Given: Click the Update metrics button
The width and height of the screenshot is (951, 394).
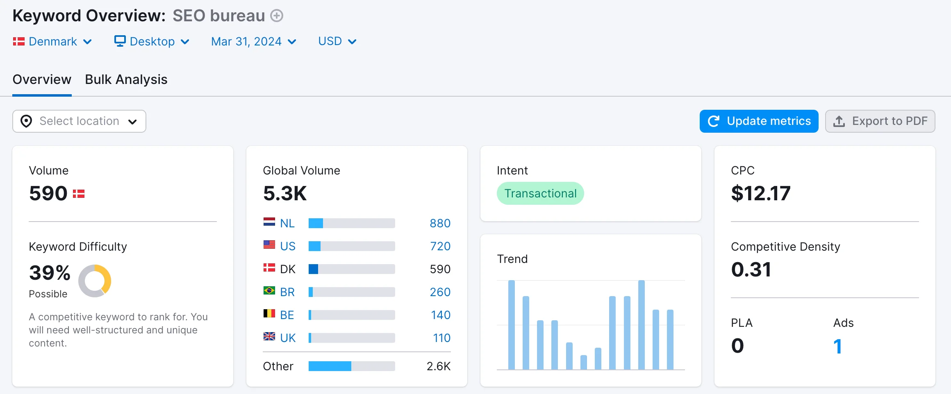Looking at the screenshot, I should coord(759,121).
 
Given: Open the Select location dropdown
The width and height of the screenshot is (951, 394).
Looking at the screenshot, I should coord(79,121).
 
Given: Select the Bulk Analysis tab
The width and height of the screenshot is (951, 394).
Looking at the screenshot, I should coord(126,79).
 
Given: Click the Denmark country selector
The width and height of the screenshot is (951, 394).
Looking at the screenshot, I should coord(52,41).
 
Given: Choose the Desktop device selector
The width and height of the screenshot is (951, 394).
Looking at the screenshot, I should coord(152,41).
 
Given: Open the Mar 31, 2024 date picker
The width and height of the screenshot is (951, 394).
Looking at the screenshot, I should coord(253,41).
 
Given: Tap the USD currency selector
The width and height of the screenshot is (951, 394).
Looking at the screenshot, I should coord(337,41).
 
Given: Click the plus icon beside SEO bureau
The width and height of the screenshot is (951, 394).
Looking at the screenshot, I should coord(277,16).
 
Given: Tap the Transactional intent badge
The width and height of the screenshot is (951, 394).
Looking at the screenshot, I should coord(540,193).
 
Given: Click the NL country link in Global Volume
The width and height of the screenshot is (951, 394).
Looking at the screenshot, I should coord(287,223).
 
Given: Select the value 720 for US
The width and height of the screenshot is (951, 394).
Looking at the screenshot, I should coord(440,246).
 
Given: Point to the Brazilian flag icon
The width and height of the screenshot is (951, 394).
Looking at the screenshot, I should coord(269,291).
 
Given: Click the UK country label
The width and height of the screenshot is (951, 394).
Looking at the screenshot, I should coord(288,338).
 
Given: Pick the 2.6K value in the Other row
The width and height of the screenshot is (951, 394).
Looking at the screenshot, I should coord(438,366).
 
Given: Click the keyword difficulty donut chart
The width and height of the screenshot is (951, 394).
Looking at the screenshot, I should coord(95,281).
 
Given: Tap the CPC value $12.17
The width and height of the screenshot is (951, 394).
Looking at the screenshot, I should coord(760,193).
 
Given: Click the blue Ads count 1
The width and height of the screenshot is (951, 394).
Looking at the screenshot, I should coord(837,346).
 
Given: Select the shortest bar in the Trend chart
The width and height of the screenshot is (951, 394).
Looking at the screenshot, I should coord(583,362).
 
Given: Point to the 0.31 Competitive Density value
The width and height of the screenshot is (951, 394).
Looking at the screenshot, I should coord(751,269).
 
